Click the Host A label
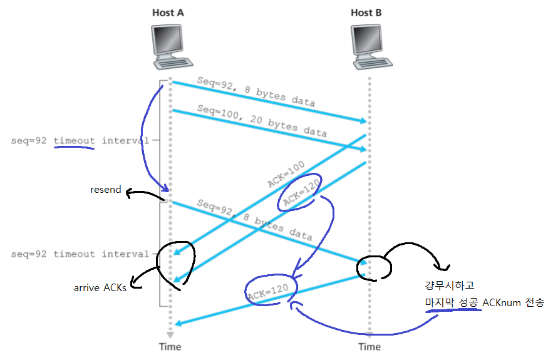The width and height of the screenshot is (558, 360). (x=168, y=13)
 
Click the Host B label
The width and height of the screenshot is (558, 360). (x=366, y=13)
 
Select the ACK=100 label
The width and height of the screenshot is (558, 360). (x=286, y=173)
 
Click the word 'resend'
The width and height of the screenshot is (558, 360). (x=105, y=189)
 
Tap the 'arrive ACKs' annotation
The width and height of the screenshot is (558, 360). (x=100, y=288)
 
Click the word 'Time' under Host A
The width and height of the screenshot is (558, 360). (x=170, y=347)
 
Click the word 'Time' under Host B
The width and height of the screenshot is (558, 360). (x=369, y=347)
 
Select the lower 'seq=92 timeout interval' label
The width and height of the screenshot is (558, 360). (x=80, y=254)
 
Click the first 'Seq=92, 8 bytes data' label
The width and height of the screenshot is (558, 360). (x=256, y=91)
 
